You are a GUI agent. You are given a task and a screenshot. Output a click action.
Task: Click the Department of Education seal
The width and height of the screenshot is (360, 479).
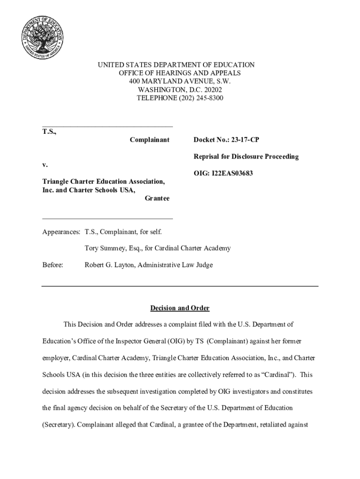(43, 36)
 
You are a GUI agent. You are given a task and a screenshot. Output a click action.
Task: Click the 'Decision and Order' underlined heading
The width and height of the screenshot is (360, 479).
(180, 308)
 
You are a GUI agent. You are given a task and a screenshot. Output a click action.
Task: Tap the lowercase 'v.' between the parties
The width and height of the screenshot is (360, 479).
(45, 165)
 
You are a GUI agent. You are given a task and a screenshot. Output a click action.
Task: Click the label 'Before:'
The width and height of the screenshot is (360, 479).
(53, 265)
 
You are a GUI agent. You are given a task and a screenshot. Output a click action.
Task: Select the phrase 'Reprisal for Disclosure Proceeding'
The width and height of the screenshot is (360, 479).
(246, 157)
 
